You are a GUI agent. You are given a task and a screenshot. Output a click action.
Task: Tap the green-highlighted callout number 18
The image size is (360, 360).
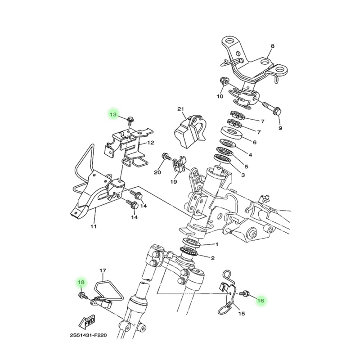pyautogui.click(x=81, y=282)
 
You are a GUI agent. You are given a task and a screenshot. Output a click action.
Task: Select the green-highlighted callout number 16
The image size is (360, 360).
pyautogui.click(x=261, y=301)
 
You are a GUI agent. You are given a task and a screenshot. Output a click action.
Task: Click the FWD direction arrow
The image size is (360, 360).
pyautogui.click(x=88, y=323)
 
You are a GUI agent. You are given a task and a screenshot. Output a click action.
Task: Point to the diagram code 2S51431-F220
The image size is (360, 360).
pyautogui.click(x=88, y=335)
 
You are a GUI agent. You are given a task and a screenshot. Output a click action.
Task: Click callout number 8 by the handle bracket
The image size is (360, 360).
pyautogui.click(x=273, y=46)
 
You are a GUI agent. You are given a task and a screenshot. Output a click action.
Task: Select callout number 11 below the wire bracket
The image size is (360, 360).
pyautogui.click(x=93, y=227)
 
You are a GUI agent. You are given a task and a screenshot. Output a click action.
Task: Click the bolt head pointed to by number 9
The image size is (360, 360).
pyautogui.click(x=277, y=112)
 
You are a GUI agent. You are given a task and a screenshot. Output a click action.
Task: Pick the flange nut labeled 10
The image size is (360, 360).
pyautogui.click(x=225, y=81)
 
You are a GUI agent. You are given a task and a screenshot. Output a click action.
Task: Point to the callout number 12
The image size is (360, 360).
pyautogui.click(x=151, y=143)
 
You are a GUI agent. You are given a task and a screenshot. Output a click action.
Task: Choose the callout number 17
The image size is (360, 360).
pyautogui.click(x=103, y=271)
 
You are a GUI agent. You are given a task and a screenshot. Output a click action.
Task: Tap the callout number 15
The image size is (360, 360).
pyautogui.click(x=242, y=313)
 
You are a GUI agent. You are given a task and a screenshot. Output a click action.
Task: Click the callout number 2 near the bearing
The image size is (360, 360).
pyautogui.click(x=213, y=258)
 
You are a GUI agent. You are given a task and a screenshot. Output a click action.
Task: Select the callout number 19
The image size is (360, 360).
pyautogui.click(x=174, y=182)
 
